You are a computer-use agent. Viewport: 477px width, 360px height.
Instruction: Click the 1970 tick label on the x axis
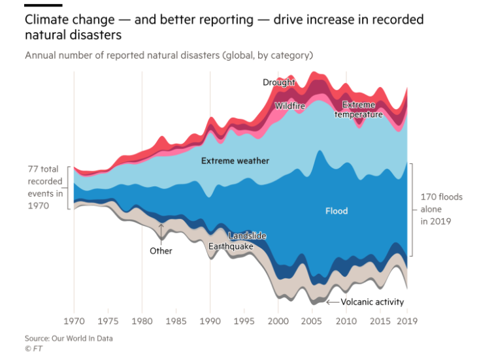pos(74,321)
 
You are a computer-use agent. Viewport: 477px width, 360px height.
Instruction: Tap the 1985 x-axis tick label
pos(176,321)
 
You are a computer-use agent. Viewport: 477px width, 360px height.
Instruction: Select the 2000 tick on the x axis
pos(278,321)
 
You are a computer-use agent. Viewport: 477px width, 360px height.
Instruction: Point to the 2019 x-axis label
pos(407,321)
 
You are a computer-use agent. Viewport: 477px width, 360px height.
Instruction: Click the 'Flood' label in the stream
pos(337,211)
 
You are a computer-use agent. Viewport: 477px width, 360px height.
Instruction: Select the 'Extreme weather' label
pos(235,161)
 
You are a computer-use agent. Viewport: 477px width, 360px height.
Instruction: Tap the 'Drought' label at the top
pos(279,82)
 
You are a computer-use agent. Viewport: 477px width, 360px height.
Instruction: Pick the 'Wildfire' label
pos(289,106)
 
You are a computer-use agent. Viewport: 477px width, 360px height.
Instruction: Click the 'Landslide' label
pos(248,236)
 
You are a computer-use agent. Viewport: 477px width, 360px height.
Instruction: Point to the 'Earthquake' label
pos(230,247)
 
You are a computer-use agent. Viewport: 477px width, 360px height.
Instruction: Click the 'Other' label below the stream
pos(161,251)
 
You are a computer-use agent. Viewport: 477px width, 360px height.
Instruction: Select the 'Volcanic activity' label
pos(372,302)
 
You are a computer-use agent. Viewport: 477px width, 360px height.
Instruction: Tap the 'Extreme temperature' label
pos(359,109)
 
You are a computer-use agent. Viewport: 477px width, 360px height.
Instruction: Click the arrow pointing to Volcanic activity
pos(332,302)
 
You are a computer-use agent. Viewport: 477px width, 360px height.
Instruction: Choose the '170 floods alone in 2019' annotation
pos(433,209)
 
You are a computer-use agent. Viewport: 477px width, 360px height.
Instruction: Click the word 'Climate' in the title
pos(46,20)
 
